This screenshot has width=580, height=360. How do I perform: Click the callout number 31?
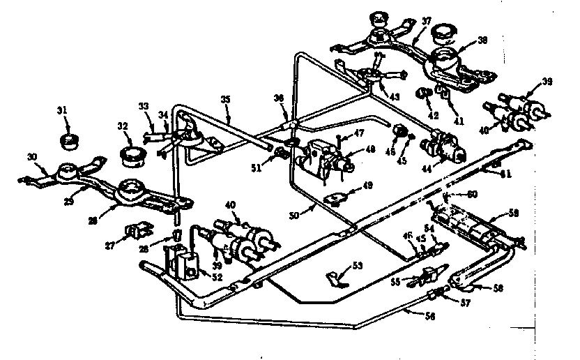(x=62, y=110)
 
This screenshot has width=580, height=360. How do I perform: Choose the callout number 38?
(x=481, y=41)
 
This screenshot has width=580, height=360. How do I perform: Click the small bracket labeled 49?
(x=335, y=200)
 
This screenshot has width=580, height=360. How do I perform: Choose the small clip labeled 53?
(x=335, y=278)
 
